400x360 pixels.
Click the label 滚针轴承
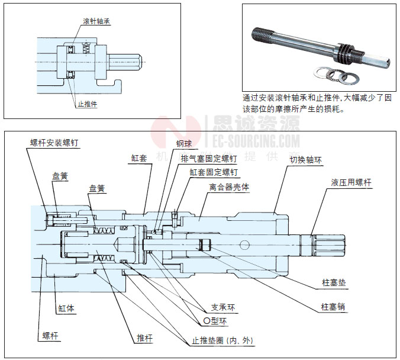click(x=96, y=21)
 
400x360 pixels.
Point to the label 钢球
click(x=183, y=143)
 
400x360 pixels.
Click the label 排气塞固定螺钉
click(x=208, y=158)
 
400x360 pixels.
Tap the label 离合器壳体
click(x=229, y=187)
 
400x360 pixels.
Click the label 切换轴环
click(x=304, y=159)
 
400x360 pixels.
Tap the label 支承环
click(x=223, y=308)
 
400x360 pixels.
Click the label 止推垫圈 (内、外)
click(x=222, y=340)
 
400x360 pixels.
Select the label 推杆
click(x=145, y=338)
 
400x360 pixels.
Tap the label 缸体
click(x=66, y=309)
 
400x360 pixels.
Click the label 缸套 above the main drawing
click(x=139, y=158)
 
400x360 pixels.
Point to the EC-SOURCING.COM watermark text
click(x=252, y=142)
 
